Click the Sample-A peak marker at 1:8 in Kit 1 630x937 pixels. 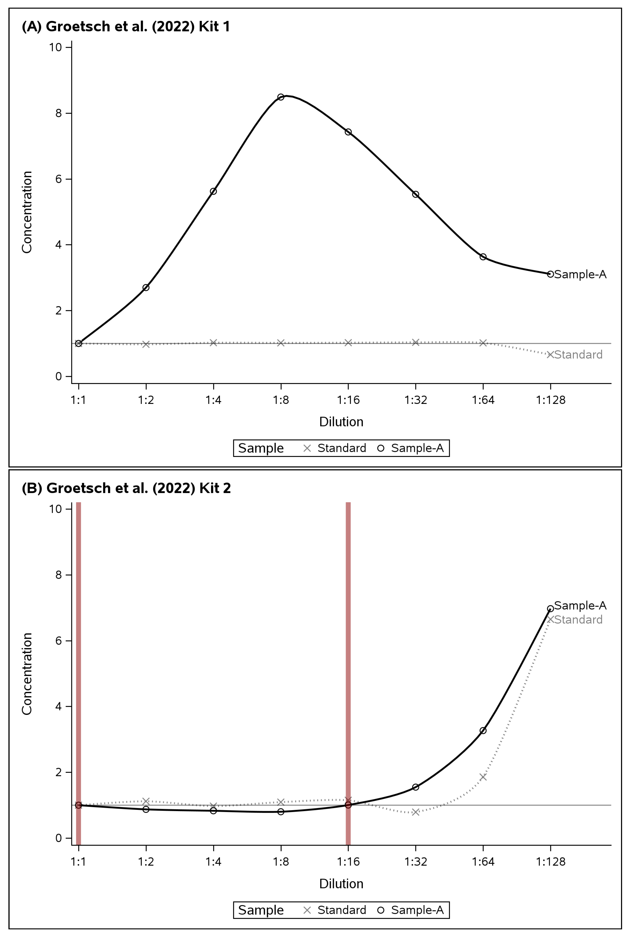pos(281,97)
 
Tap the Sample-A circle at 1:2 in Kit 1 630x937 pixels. pos(146,287)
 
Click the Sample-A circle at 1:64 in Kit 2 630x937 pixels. pos(483,731)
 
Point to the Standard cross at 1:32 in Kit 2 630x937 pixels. pos(415,812)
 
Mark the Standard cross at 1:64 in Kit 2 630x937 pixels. pos(483,777)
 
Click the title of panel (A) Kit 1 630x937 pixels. pos(126,27)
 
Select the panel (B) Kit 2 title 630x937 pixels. pos(126,488)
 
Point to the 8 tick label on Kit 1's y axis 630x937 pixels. pos(59,113)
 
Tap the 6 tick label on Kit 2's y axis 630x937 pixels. pos(59,641)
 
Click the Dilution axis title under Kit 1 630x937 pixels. pos(341,422)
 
